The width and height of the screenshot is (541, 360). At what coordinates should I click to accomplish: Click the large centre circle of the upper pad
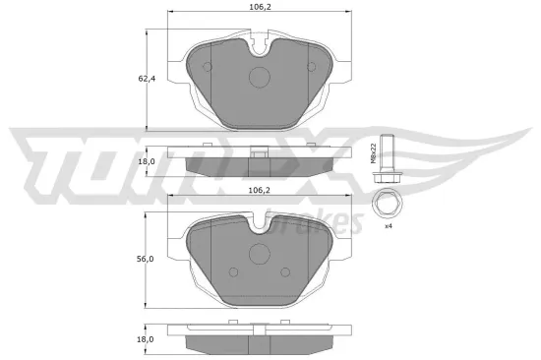261,78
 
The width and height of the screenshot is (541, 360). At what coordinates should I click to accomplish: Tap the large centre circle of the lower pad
261,253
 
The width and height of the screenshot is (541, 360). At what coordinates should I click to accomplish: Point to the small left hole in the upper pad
207,67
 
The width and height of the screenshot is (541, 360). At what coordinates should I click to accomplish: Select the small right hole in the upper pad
313,67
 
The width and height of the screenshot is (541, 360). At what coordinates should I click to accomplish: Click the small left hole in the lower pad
232,272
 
